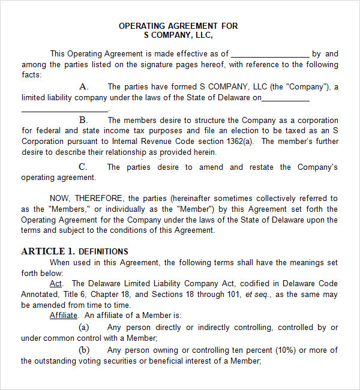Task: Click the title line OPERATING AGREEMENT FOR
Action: [178, 26]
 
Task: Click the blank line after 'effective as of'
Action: [270, 54]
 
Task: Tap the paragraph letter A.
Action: [83, 87]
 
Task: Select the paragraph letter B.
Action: [83, 120]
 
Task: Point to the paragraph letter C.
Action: [83, 167]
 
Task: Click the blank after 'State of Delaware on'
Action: [286, 98]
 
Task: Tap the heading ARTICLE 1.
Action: [48, 251]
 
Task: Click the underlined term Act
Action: [56, 283]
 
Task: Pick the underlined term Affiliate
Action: [64, 315]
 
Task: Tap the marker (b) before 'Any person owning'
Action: [84, 350]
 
